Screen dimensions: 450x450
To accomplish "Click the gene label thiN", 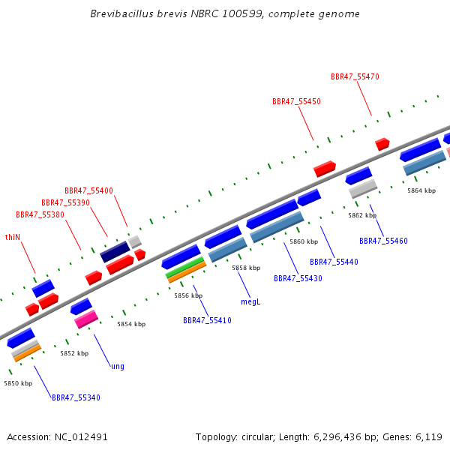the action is pyautogui.click(x=13, y=237).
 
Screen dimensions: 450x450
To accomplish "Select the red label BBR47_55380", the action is pyautogui.click(x=40, y=214).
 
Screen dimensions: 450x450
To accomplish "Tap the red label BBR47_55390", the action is pyautogui.click(x=65, y=202).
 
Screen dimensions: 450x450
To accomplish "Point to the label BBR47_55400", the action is pyautogui.click(x=88, y=190).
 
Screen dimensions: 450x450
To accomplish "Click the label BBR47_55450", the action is pyautogui.click(x=296, y=101).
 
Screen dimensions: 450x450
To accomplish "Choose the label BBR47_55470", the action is pyautogui.click(x=355, y=76).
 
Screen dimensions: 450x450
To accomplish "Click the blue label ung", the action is pyautogui.click(x=118, y=367).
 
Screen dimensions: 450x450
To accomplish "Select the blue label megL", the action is pyautogui.click(x=250, y=302).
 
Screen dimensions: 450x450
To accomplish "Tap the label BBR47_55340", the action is pyautogui.click(x=76, y=397).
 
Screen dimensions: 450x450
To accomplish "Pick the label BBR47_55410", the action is pyautogui.click(x=207, y=320).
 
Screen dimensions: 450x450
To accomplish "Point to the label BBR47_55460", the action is pyautogui.click(x=383, y=241).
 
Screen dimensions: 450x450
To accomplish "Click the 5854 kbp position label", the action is pyautogui.click(x=131, y=324).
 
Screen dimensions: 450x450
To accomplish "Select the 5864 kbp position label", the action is pyautogui.click(x=421, y=190).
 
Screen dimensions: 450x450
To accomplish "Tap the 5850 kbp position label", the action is pyautogui.click(x=18, y=383).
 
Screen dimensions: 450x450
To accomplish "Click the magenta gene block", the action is pyautogui.click(x=86, y=319).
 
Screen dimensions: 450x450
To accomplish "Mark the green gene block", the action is pyautogui.click(x=185, y=267).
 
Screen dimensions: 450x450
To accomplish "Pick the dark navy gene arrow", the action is pyautogui.click(x=115, y=252).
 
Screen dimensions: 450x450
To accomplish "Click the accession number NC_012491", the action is pyautogui.click(x=81, y=437).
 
